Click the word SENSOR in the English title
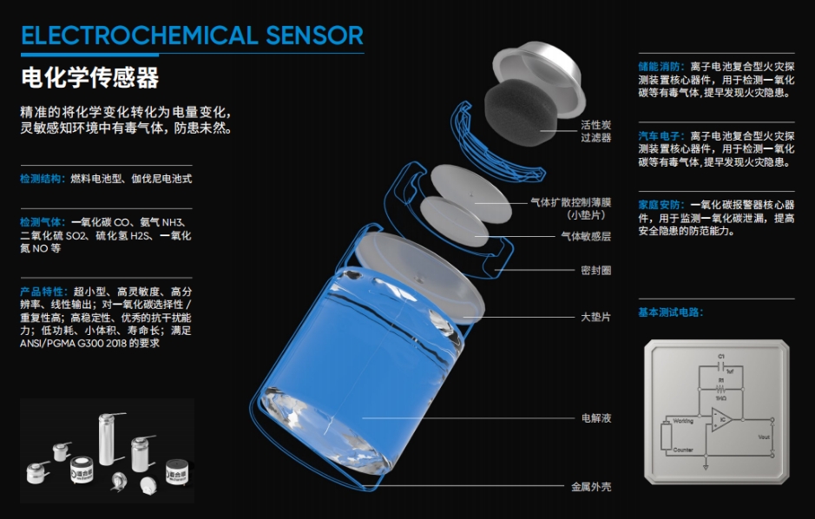click(x=314, y=36)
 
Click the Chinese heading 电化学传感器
click(x=90, y=77)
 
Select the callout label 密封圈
click(x=595, y=271)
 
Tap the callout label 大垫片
click(x=595, y=318)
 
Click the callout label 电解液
click(x=595, y=418)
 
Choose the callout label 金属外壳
click(x=590, y=487)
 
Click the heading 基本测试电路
click(x=670, y=312)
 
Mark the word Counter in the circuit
click(x=683, y=450)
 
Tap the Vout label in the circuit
click(x=764, y=437)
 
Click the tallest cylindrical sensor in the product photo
click(x=108, y=438)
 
